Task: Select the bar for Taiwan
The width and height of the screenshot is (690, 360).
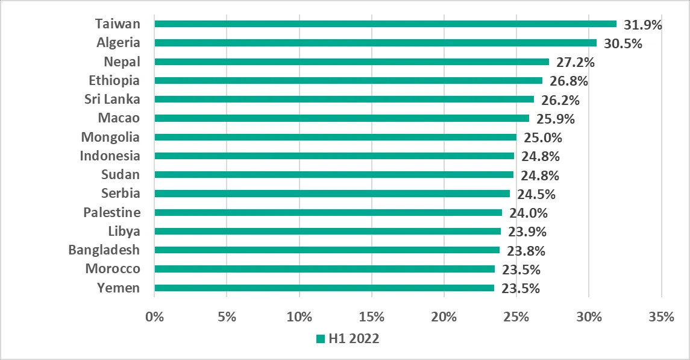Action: [386, 24]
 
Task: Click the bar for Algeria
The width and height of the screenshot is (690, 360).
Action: [375, 43]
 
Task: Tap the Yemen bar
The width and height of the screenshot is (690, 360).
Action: [324, 288]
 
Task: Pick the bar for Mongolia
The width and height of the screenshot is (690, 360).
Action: [335, 137]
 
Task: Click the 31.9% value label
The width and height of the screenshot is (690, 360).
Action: [642, 25]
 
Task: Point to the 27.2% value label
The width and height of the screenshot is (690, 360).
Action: [575, 62]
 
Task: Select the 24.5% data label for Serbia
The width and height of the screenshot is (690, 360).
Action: [536, 194]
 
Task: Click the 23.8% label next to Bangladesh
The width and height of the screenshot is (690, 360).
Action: [525, 250]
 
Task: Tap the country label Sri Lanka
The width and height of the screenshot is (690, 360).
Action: [113, 99]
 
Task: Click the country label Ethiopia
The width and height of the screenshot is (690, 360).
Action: [114, 81]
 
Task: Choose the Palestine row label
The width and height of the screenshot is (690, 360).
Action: [112, 213]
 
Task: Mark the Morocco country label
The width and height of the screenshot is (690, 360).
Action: [113, 269]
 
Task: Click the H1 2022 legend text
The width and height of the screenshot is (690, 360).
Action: [354, 339]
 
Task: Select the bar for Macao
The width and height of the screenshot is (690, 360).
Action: [342, 118]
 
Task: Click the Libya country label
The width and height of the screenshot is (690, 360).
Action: [124, 232]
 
